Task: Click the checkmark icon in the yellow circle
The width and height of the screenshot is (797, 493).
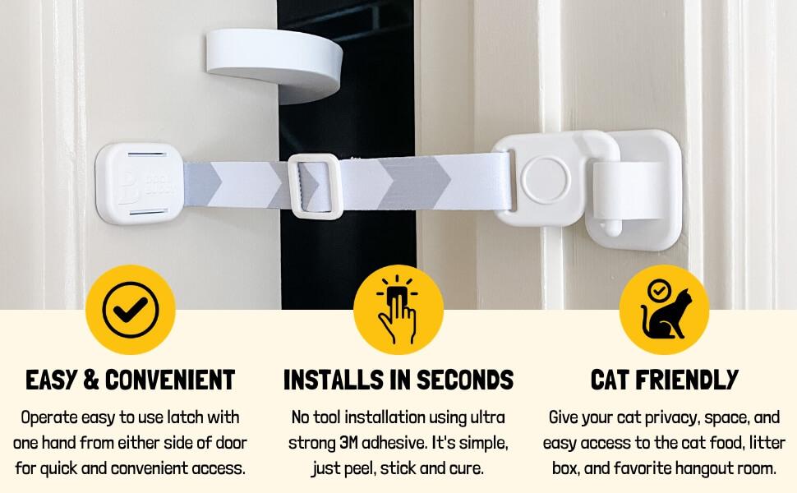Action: click(x=130, y=309)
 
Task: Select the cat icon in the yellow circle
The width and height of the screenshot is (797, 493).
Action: click(x=664, y=310)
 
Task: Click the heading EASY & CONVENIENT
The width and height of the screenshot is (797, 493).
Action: click(x=131, y=380)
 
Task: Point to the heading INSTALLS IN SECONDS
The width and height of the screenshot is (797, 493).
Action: click(x=398, y=380)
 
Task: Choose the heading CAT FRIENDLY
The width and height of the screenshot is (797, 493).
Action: click(x=664, y=380)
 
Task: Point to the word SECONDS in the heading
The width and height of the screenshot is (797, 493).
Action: click(x=465, y=380)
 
